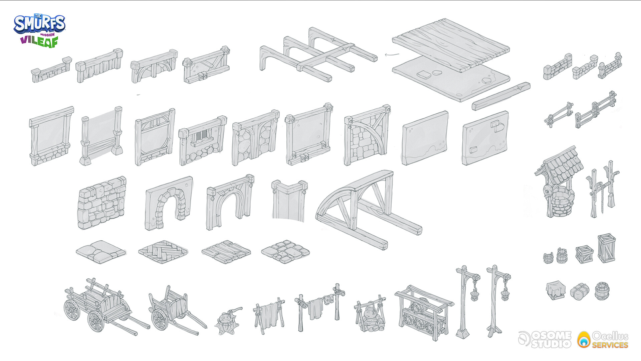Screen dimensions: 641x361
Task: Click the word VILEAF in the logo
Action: click(x=39, y=42)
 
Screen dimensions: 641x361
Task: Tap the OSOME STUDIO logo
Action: click(x=545, y=339)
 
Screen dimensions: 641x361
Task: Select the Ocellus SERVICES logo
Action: click(x=603, y=339)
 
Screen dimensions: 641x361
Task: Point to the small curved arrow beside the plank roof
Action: click(x=392, y=54)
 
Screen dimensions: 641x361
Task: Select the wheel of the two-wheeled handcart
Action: click(x=160, y=320)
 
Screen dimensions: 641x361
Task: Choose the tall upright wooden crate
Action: click(x=607, y=248)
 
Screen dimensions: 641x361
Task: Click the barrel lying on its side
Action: click(x=603, y=291)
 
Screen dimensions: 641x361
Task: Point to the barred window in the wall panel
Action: click(x=201, y=137)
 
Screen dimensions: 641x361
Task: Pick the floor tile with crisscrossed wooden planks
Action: click(x=163, y=251)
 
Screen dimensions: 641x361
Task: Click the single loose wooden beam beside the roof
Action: click(x=501, y=96)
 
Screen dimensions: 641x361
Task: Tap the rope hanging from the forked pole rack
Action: click(x=602, y=197)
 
